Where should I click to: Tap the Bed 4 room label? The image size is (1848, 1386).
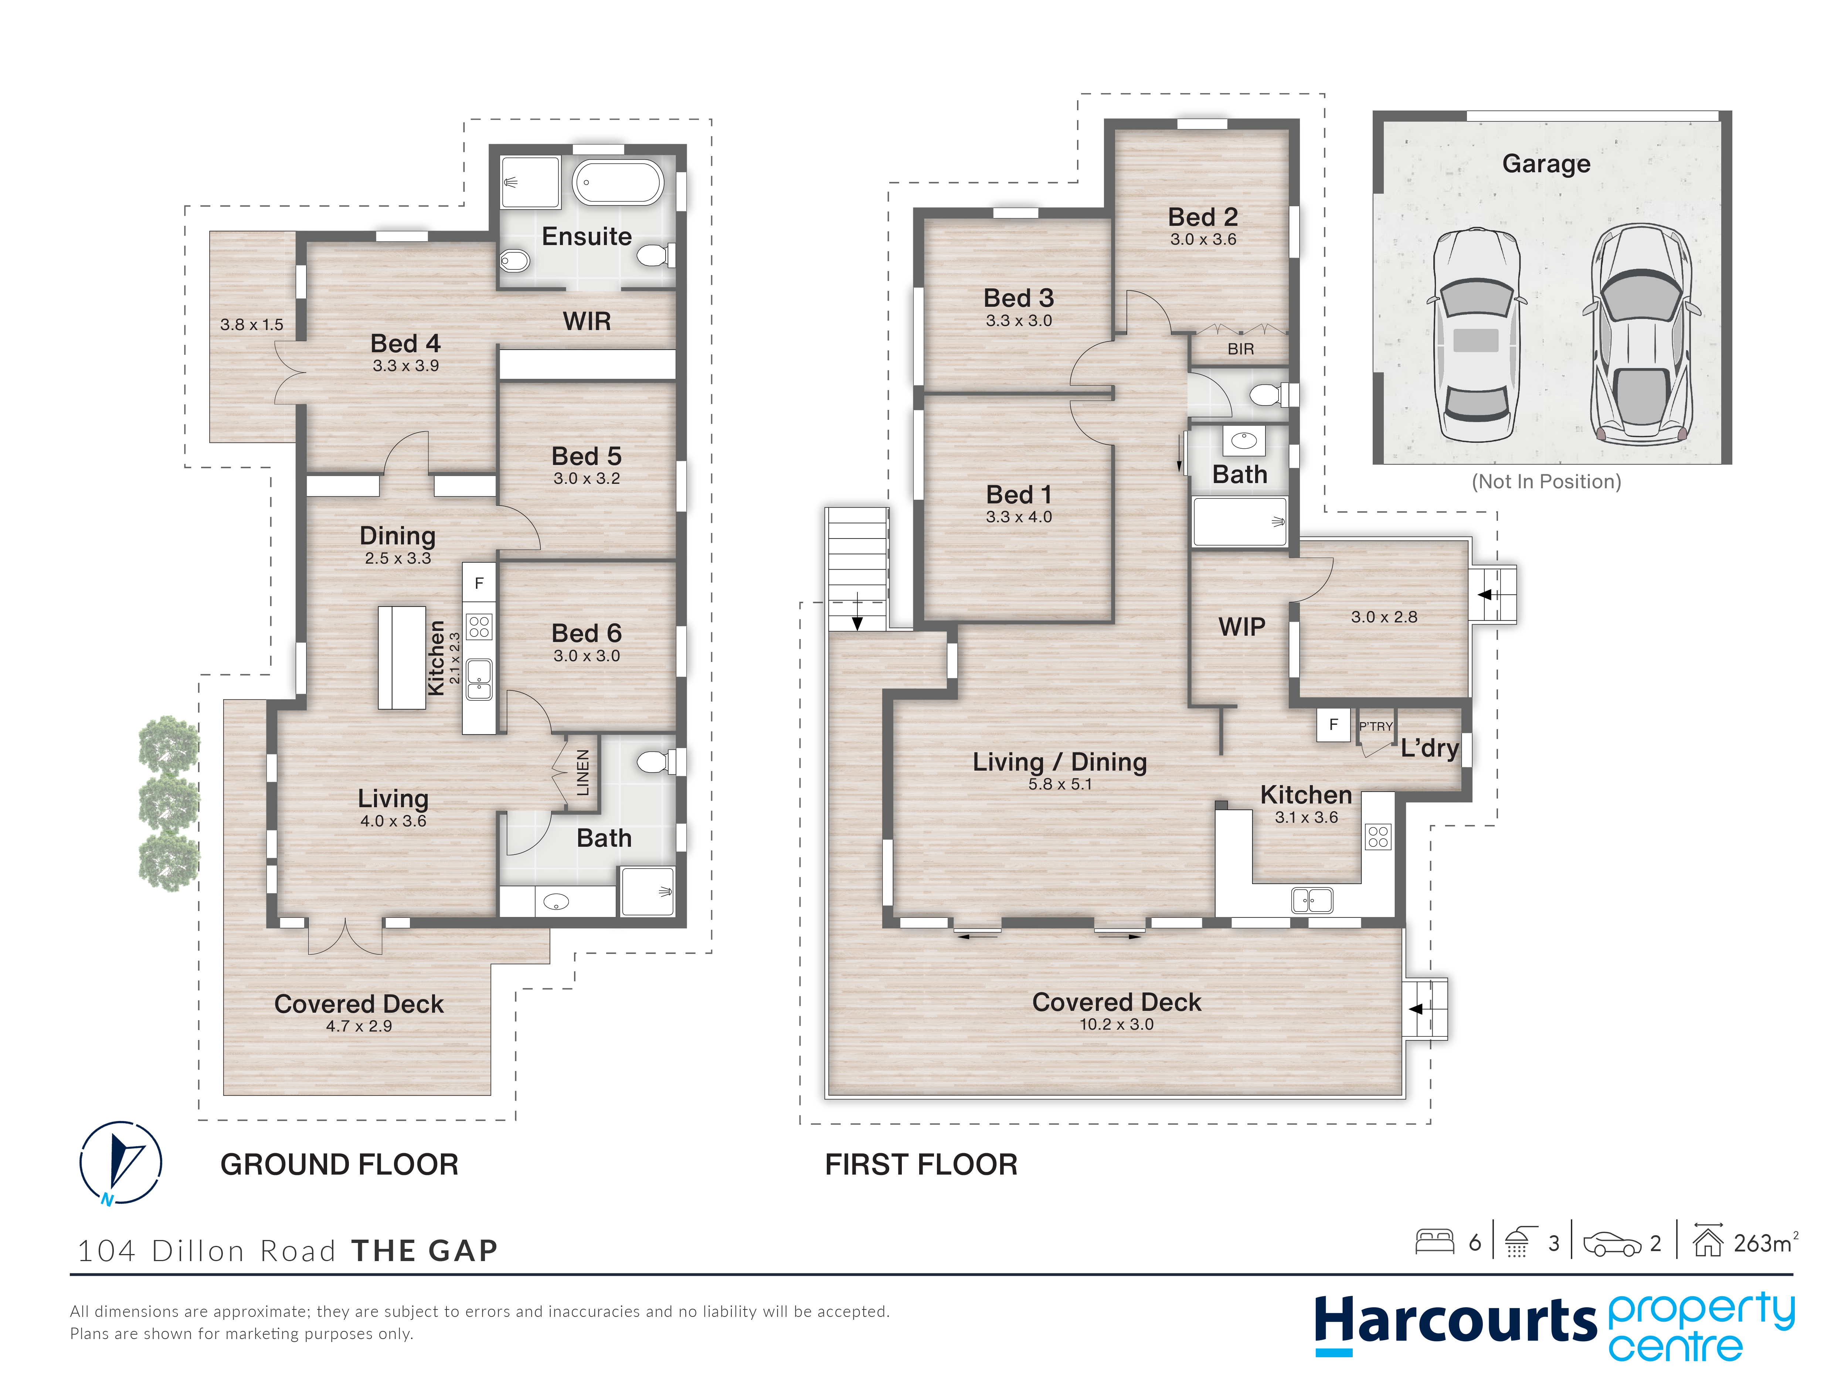point(405,343)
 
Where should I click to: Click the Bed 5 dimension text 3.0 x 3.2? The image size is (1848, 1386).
point(587,479)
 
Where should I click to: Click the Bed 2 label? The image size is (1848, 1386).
point(1203,217)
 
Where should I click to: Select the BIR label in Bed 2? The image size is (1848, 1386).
point(1241,349)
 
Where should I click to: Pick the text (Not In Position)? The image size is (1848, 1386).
point(1546,482)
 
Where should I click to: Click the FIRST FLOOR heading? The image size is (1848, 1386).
point(921,1165)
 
